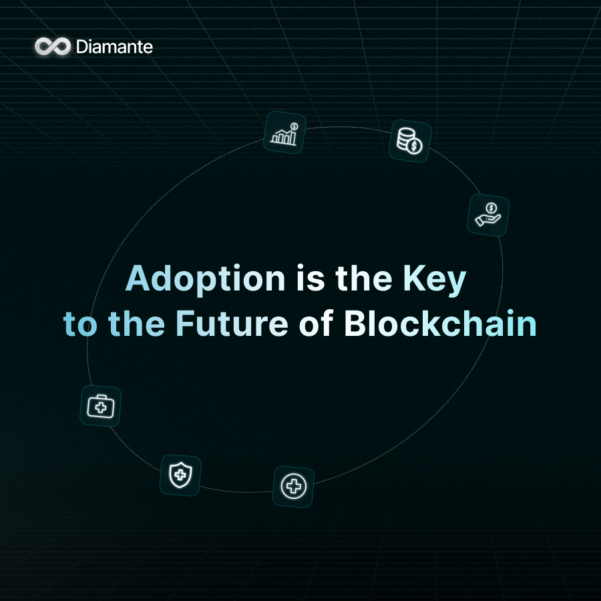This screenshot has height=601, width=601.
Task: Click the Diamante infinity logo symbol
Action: [x=53, y=46]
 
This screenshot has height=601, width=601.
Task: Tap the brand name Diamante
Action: [x=114, y=47]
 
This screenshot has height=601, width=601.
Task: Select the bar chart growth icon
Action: [x=284, y=132]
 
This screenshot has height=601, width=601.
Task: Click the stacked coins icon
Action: [x=409, y=141]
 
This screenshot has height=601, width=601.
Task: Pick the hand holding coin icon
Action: [x=488, y=215]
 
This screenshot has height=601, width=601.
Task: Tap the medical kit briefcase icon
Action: [x=100, y=406]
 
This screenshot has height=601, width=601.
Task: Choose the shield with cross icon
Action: [x=180, y=475]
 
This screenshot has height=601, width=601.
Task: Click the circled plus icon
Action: [x=293, y=486]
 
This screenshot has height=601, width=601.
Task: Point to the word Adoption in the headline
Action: [x=204, y=279]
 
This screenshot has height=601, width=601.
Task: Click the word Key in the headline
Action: [x=433, y=279]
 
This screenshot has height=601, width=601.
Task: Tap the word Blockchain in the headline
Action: [x=440, y=324]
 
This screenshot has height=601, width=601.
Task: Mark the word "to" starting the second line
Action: [x=80, y=324]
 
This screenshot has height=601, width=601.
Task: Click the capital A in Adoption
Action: [x=138, y=279]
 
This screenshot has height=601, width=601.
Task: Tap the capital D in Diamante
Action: [x=81, y=47]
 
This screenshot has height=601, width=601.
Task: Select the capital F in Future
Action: [x=185, y=324]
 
